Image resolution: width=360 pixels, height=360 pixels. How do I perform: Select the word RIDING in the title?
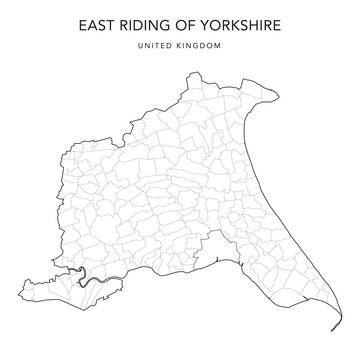click(x=141, y=19)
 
